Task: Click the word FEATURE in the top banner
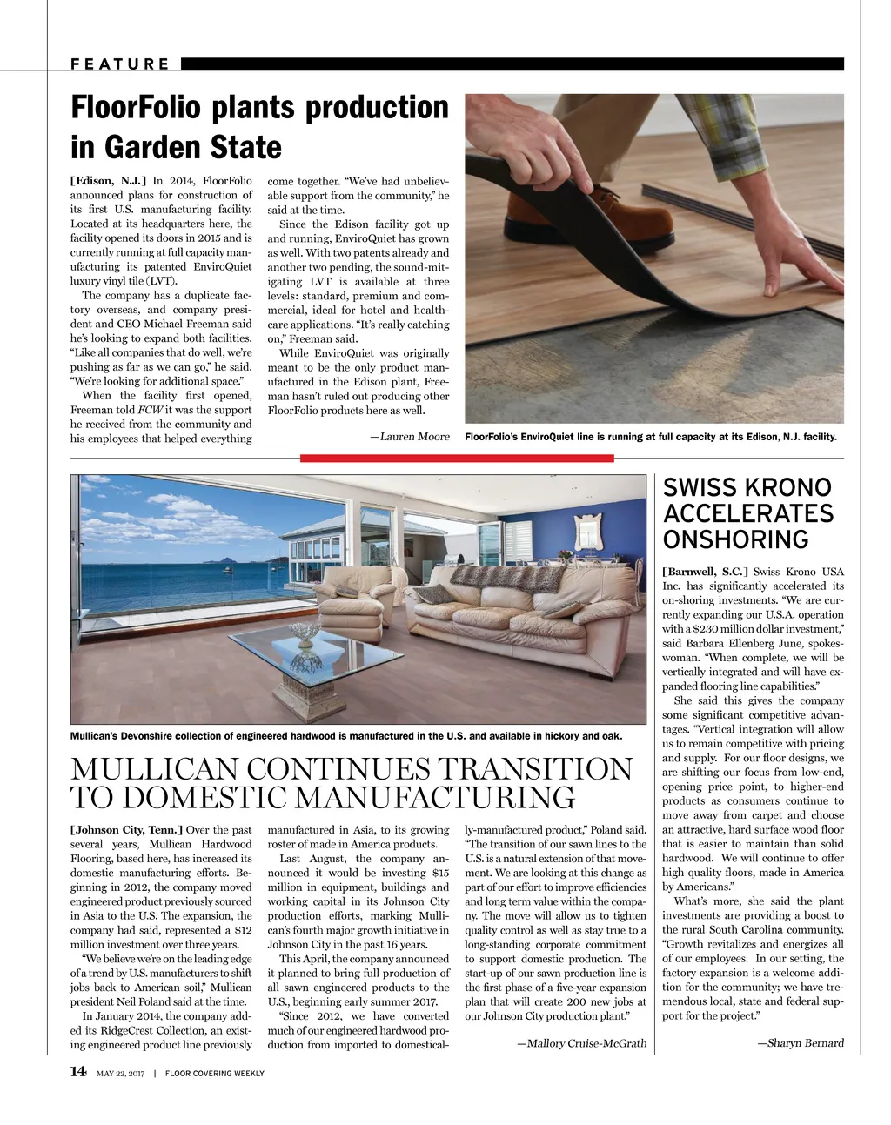120,64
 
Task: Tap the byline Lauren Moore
414,437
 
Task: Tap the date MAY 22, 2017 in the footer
120,1074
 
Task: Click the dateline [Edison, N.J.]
108,181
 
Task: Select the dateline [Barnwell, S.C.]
705,572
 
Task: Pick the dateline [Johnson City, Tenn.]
126,830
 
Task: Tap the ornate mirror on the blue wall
589,532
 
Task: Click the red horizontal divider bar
457,458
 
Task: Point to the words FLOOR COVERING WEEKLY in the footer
215,1074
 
